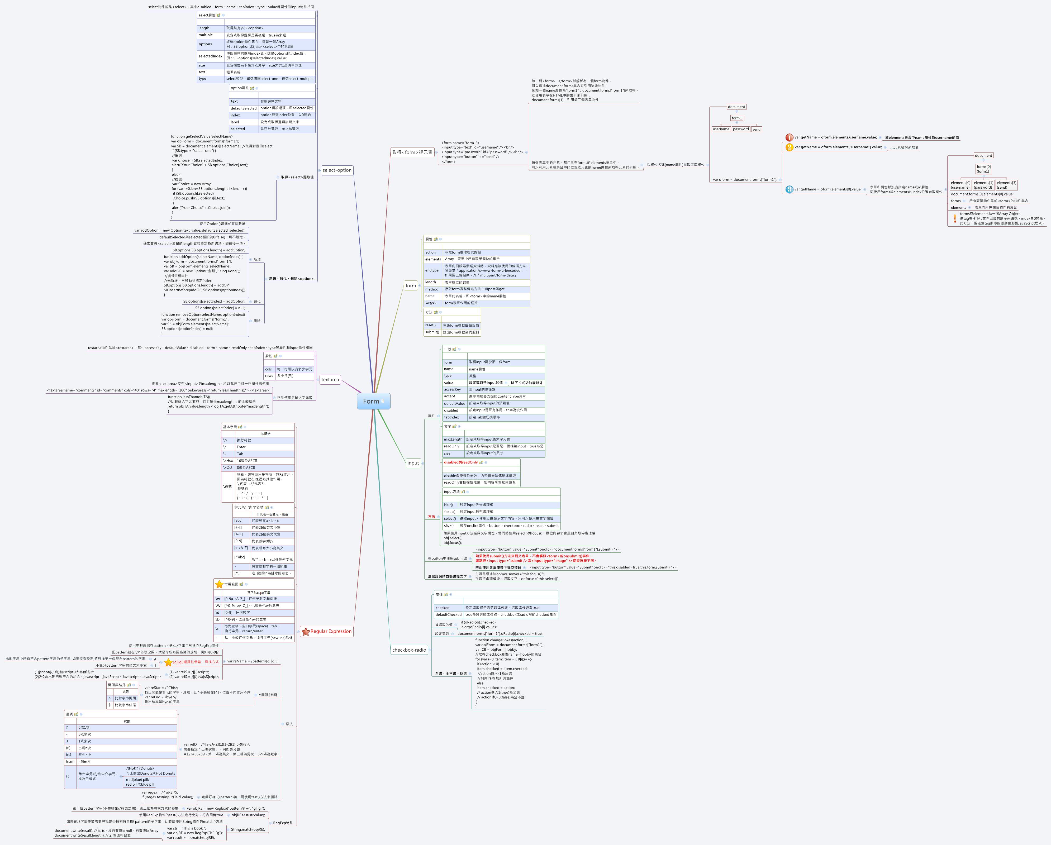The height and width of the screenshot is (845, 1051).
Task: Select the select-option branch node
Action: [x=337, y=170]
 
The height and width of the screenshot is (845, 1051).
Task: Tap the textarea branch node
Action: [x=330, y=380]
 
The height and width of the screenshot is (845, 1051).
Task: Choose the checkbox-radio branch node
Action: [x=409, y=650]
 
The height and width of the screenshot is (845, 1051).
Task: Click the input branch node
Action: [x=413, y=463]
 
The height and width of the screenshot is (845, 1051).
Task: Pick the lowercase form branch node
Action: [x=411, y=285]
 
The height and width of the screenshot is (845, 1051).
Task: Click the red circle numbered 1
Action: [x=789, y=137]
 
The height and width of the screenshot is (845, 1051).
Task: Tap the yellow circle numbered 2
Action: [x=789, y=147]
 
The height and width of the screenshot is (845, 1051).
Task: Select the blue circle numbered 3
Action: [x=789, y=189]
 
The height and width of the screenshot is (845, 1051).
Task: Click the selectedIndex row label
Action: [x=210, y=56]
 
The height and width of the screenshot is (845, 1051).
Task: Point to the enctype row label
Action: [x=431, y=270]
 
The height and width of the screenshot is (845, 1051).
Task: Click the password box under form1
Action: [x=740, y=129]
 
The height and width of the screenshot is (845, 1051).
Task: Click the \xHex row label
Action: [x=228, y=461]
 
